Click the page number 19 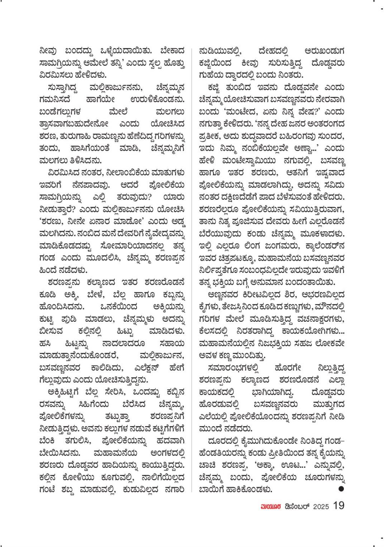339,506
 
